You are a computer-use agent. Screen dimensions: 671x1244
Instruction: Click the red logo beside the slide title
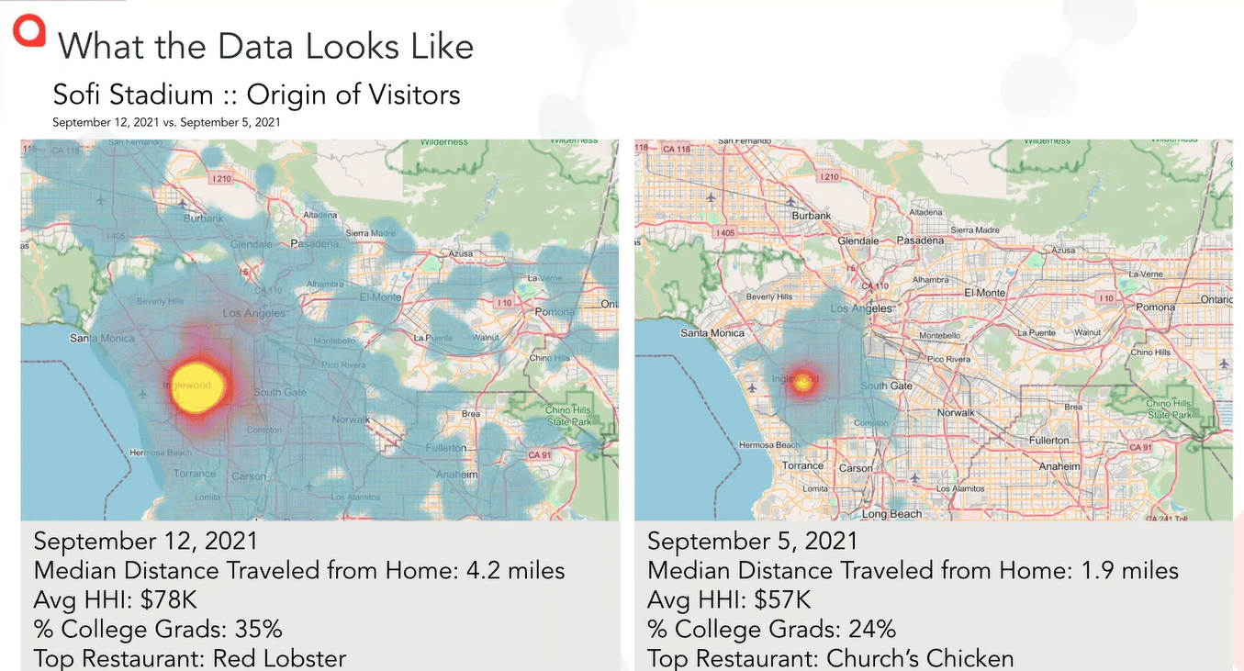(x=28, y=31)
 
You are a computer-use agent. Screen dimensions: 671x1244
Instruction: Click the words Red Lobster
(x=279, y=659)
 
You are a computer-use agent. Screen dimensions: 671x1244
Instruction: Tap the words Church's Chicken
(x=920, y=659)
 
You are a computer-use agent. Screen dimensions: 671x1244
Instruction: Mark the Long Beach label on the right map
(x=891, y=514)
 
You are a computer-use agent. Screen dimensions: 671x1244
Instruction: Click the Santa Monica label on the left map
(x=102, y=339)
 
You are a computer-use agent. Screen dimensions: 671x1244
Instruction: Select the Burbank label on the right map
(x=811, y=216)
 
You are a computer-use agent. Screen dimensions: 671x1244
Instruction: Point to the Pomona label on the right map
(x=1155, y=308)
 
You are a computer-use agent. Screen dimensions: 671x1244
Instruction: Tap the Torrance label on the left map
(x=195, y=474)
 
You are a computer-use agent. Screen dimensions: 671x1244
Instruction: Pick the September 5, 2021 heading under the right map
(x=752, y=542)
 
